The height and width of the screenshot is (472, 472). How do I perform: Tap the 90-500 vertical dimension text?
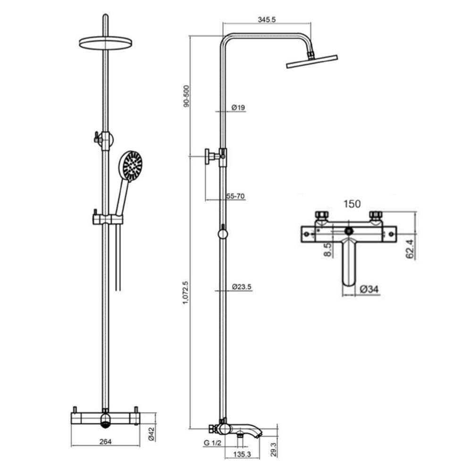[186, 96]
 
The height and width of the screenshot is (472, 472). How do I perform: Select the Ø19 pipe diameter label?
[238, 108]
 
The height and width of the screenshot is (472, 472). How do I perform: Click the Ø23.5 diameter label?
[241, 287]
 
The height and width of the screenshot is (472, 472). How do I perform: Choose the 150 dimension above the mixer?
[352, 204]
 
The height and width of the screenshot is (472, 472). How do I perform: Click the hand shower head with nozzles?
[130, 165]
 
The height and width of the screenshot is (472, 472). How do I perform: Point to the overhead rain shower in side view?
[312, 61]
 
